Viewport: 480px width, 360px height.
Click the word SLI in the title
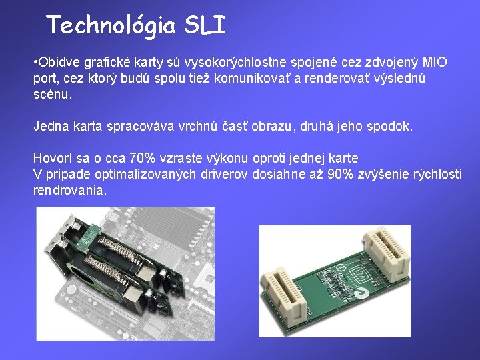click(205, 25)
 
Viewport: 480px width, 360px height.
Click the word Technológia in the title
click(111, 25)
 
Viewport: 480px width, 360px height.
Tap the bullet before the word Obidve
click(35, 63)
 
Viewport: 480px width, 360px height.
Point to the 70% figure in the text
click(143, 159)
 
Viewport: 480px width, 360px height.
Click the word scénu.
click(52, 95)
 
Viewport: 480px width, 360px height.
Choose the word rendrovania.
click(69, 191)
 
